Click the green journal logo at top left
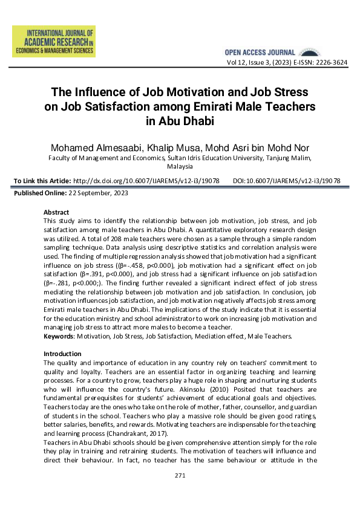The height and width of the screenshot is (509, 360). (53, 42)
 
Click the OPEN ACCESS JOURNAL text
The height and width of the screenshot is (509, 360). (260, 53)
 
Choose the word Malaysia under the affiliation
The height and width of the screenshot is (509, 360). (180, 166)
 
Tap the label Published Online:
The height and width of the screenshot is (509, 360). (39, 193)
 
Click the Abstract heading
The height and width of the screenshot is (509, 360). (56, 212)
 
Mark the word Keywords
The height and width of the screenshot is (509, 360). (58, 336)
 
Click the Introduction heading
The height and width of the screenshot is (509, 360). (62, 353)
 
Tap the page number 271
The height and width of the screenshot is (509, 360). (180, 476)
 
